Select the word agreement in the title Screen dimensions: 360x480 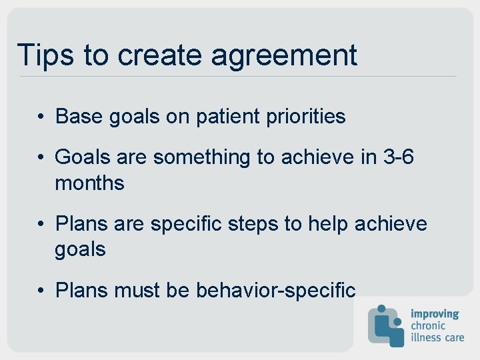[x=285, y=56]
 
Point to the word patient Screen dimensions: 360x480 [x=227, y=117]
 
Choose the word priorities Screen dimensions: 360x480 [x=306, y=117]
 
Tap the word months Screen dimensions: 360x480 [x=89, y=183]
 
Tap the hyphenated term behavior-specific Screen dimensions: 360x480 [x=276, y=290]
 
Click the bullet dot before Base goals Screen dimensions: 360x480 [x=41, y=117]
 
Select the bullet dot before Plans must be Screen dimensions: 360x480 [x=41, y=291]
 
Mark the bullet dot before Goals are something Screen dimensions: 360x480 [x=41, y=157]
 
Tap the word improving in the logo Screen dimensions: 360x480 [x=435, y=313]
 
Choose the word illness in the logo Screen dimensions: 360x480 [x=426, y=337]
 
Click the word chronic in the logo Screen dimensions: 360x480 [x=428, y=325]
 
